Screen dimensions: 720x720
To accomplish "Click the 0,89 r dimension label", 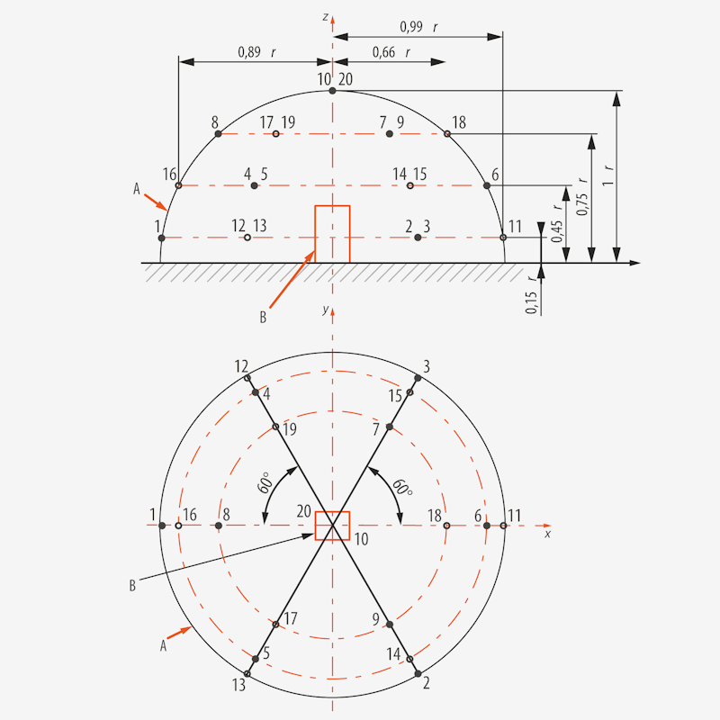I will click(256, 53).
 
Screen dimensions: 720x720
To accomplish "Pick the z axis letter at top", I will click(325, 16).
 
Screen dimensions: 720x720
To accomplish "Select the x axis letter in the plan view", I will click(547, 535).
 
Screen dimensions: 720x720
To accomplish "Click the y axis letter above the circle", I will click(324, 310).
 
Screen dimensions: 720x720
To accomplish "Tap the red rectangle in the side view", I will click(332, 234).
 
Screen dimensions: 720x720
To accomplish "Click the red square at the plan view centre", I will click(332, 525).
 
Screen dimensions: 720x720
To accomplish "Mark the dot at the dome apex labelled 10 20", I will click(333, 91).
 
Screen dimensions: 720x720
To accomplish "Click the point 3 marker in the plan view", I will click(417, 378).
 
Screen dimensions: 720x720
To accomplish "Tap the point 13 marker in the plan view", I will click(247, 672).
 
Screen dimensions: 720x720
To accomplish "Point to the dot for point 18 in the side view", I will click(446, 134).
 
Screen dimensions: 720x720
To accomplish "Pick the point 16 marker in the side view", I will click(178, 185).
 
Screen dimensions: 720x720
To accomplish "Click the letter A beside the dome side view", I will click(136, 189).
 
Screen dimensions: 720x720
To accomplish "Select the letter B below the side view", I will click(263, 317).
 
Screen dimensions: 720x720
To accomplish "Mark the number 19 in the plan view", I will click(288, 429).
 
